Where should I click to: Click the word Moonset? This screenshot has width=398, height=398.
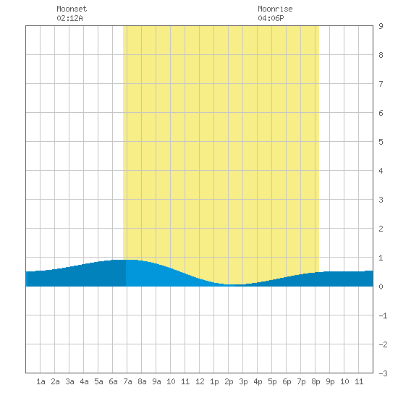(x=72, y=9)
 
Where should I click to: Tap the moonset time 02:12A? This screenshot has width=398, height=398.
(x=69, y=18)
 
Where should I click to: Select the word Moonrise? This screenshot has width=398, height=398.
(x=275, y=9)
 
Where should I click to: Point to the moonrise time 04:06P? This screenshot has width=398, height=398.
(x=271, y=18)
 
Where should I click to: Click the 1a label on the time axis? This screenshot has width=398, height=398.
(x=41, y=381)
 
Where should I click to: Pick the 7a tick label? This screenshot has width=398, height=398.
(x=127, y=381)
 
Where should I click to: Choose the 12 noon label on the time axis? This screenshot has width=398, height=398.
(x=200, y=381)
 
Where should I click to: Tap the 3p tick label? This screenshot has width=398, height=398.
(x=243, y=381)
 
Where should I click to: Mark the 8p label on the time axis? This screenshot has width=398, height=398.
(x=316, y=381)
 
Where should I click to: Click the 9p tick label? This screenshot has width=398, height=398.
(x=330, y=381)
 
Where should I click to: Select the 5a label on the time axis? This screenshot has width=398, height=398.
(x=98, y=381)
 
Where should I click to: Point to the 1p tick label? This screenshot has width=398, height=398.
(x=214, y=381)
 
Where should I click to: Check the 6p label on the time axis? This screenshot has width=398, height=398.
(x=287, y=381)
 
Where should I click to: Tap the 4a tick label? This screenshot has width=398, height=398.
(x=84, y=381)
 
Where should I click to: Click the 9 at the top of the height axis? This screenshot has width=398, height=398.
(x=381, y=26)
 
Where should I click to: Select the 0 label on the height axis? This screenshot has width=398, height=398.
(x=381, y=287)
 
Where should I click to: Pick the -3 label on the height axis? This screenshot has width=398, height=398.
(x=383, y=373)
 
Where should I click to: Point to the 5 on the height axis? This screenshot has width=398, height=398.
(x=381, y=142)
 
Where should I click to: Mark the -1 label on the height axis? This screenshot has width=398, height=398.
(x=383, y=316)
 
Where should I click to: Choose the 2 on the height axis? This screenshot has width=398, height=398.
(x=381, y=229)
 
